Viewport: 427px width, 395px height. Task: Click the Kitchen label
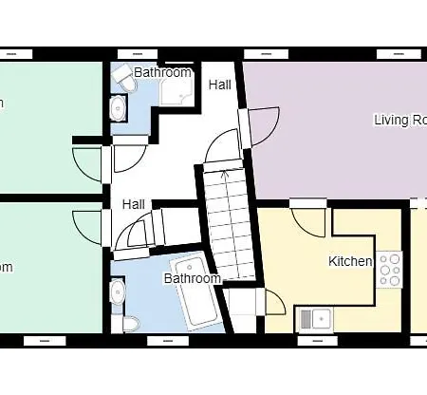click(x=349, y=261)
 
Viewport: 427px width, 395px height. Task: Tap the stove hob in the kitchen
click(x=389, y=269)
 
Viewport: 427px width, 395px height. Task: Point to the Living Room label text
click(x=399, y=120)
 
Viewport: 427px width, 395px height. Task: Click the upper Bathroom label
click(x=162, y=72)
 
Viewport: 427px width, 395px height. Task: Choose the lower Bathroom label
click(x=192, y=279)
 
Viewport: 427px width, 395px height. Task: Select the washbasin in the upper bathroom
click(x=118, y=108)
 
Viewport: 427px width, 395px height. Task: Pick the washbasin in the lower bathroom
click(x=116, y=292)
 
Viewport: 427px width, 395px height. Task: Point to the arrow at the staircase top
click(x=224, y=173)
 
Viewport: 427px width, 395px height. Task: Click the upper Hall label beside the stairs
click(x=220, y=85)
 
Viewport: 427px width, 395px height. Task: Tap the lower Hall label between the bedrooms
click(x=133, y=204)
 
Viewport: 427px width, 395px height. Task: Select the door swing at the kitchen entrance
click(x=308, y=221)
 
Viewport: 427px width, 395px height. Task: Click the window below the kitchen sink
click(x=315, y=338)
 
